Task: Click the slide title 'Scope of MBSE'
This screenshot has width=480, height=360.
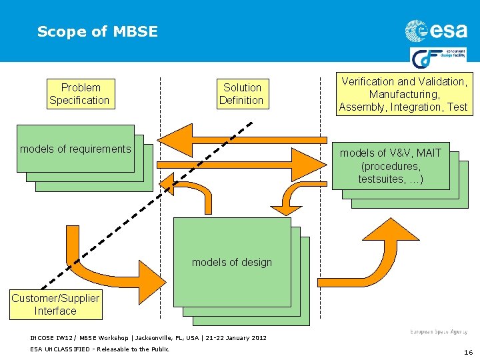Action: click(97, 31)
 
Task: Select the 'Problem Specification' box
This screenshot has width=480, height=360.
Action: click(79, 94)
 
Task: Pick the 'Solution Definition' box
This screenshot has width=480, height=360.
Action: click(242, 94)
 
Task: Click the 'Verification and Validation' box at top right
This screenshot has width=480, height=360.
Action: click(403, 94)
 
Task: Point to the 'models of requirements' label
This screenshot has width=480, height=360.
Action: click(75, 149)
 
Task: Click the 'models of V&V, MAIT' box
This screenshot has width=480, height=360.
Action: click(390, 166)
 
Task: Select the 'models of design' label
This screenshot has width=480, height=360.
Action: click(232, 262)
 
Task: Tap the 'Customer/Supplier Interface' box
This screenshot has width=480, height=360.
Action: click(55, 305)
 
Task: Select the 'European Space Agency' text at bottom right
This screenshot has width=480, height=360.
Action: click(438, 331)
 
